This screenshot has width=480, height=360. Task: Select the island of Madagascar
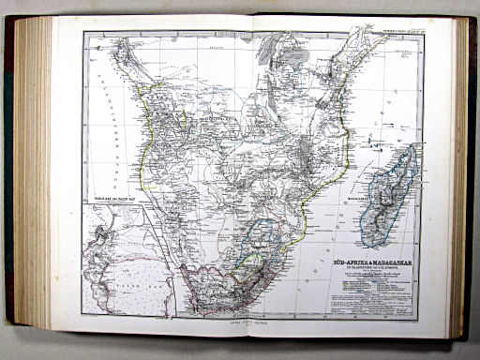(x=385, y=187)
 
